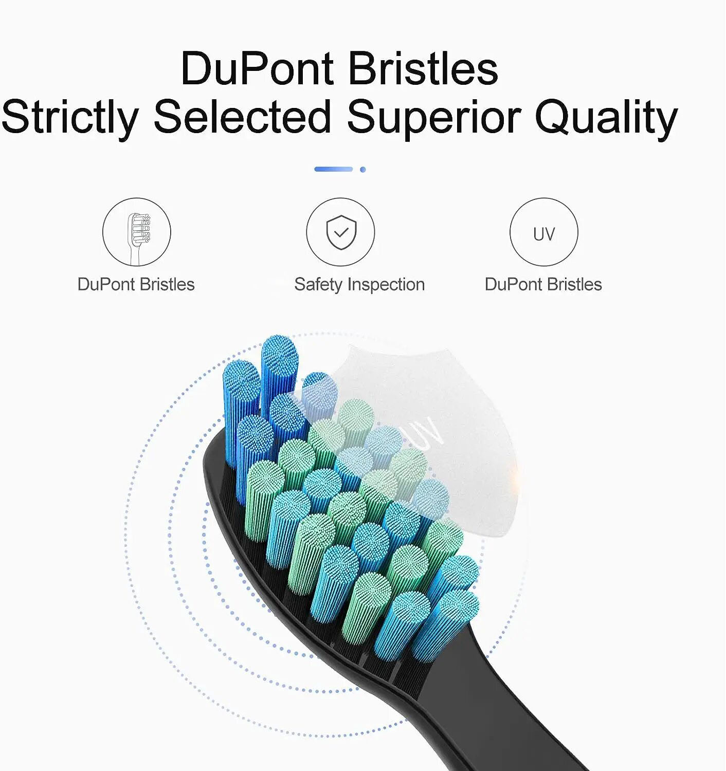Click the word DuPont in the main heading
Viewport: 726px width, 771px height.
(257, 69)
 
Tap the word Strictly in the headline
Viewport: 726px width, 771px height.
(70, 117)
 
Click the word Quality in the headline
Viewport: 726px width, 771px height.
(606, 117)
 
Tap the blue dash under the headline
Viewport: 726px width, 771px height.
(333, 169)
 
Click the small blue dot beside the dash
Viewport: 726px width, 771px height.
(363, 170)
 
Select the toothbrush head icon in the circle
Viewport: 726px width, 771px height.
(137, 233)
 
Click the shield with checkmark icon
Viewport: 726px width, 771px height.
(341, 232)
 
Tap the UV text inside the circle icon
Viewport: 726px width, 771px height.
(543, 234)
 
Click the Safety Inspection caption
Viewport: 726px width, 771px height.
(359, 284)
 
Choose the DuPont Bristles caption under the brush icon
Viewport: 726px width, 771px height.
(136, 284)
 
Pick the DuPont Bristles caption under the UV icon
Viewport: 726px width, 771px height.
(543, 284)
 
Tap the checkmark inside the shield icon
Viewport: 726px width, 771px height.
(341, 232)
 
